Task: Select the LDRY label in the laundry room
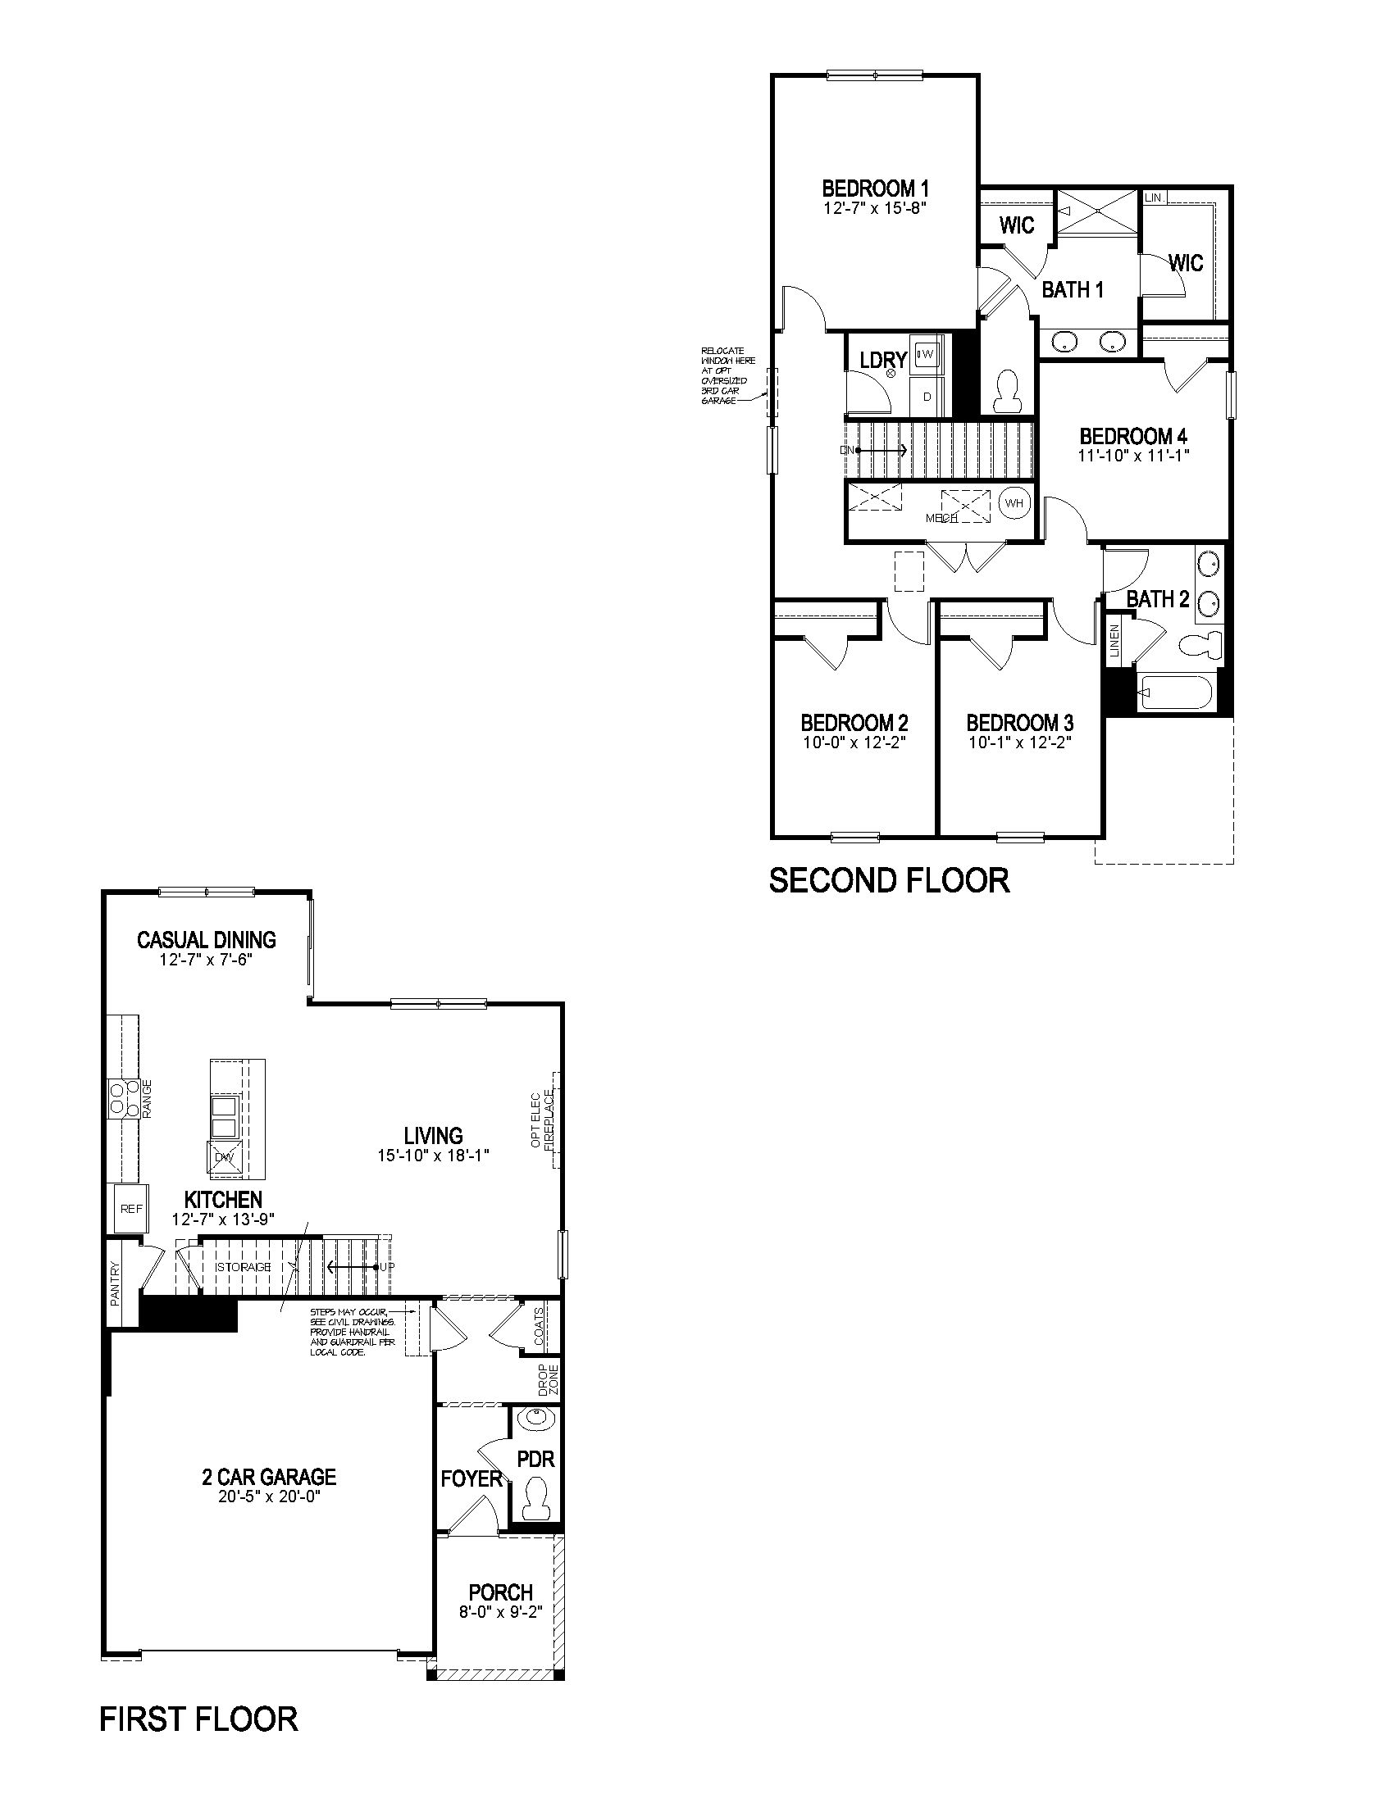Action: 883,360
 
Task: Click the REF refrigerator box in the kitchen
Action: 131,1209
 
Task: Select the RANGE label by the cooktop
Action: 148,1099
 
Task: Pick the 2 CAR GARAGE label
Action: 269,1476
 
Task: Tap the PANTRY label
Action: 115,1283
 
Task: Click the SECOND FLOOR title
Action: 889,881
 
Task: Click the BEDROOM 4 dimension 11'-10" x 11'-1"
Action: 1133,455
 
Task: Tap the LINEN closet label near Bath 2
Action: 1114,640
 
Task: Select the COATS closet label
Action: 539,1327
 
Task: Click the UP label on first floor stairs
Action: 385,1266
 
